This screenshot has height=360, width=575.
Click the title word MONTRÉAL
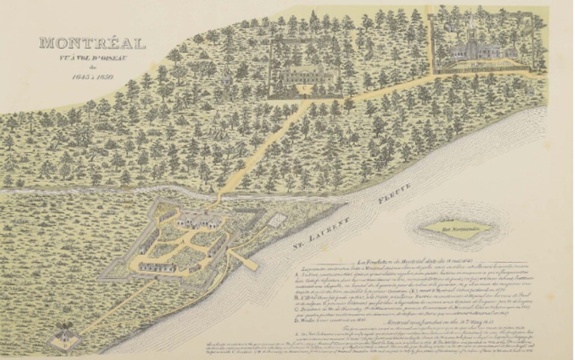coord(92,44)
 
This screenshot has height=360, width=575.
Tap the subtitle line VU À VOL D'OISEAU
coord(92,58)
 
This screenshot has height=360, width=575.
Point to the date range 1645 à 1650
coord(92,77)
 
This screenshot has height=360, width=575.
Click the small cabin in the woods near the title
coord(226,78)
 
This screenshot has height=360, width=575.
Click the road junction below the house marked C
coord(307,103)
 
